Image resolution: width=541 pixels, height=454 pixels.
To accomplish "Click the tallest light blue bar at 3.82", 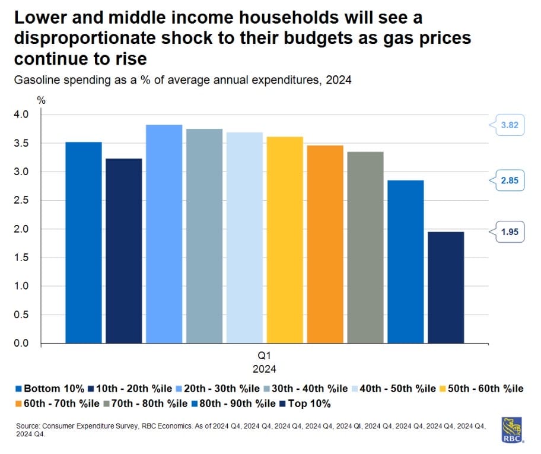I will (x=164, y=234).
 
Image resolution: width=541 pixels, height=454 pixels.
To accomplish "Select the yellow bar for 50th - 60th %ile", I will (x=285, y=240).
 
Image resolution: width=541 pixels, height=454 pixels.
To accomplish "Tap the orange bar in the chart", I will (x=325, y=244).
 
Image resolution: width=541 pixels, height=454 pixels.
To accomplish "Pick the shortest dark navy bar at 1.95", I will (x=446, y=287).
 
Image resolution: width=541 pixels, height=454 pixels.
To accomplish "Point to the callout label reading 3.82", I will (x=509, y=125).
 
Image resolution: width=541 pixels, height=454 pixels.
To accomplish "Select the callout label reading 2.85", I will (x=509, y=180).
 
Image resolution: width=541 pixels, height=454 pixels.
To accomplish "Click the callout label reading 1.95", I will (x=509, y=232).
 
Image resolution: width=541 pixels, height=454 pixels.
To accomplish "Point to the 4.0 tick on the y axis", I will (x=21, y=115).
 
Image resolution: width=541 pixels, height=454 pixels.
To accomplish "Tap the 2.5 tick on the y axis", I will (x=21, y=201).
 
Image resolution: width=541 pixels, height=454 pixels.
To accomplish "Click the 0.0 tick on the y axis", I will (x=21, y=344).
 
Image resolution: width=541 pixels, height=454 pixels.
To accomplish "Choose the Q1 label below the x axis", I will (x=265, y=356).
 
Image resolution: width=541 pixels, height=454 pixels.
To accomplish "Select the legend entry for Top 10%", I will (x=308, y=404).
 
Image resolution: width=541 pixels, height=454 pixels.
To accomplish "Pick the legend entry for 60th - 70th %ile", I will (x=51, y=404).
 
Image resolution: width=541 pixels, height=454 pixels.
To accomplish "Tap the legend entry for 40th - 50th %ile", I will (x=395, y=389).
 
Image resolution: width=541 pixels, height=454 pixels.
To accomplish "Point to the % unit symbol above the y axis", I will (x=41, y=100).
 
